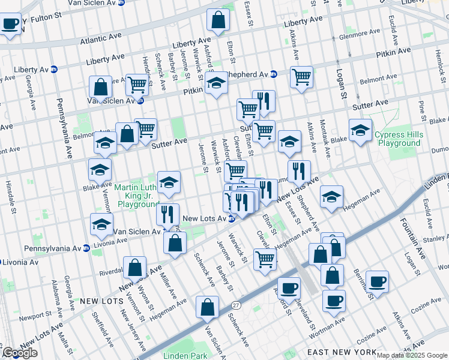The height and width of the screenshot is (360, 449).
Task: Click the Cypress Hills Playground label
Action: (398, 139)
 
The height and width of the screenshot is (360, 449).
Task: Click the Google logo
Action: (19, 353)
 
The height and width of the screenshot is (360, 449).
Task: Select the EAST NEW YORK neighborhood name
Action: (342, 352)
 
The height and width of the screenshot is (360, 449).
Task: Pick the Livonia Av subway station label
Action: (21, 262)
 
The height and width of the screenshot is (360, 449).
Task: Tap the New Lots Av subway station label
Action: (204, 218)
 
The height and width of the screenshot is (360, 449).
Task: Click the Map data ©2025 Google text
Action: (412, 355)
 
